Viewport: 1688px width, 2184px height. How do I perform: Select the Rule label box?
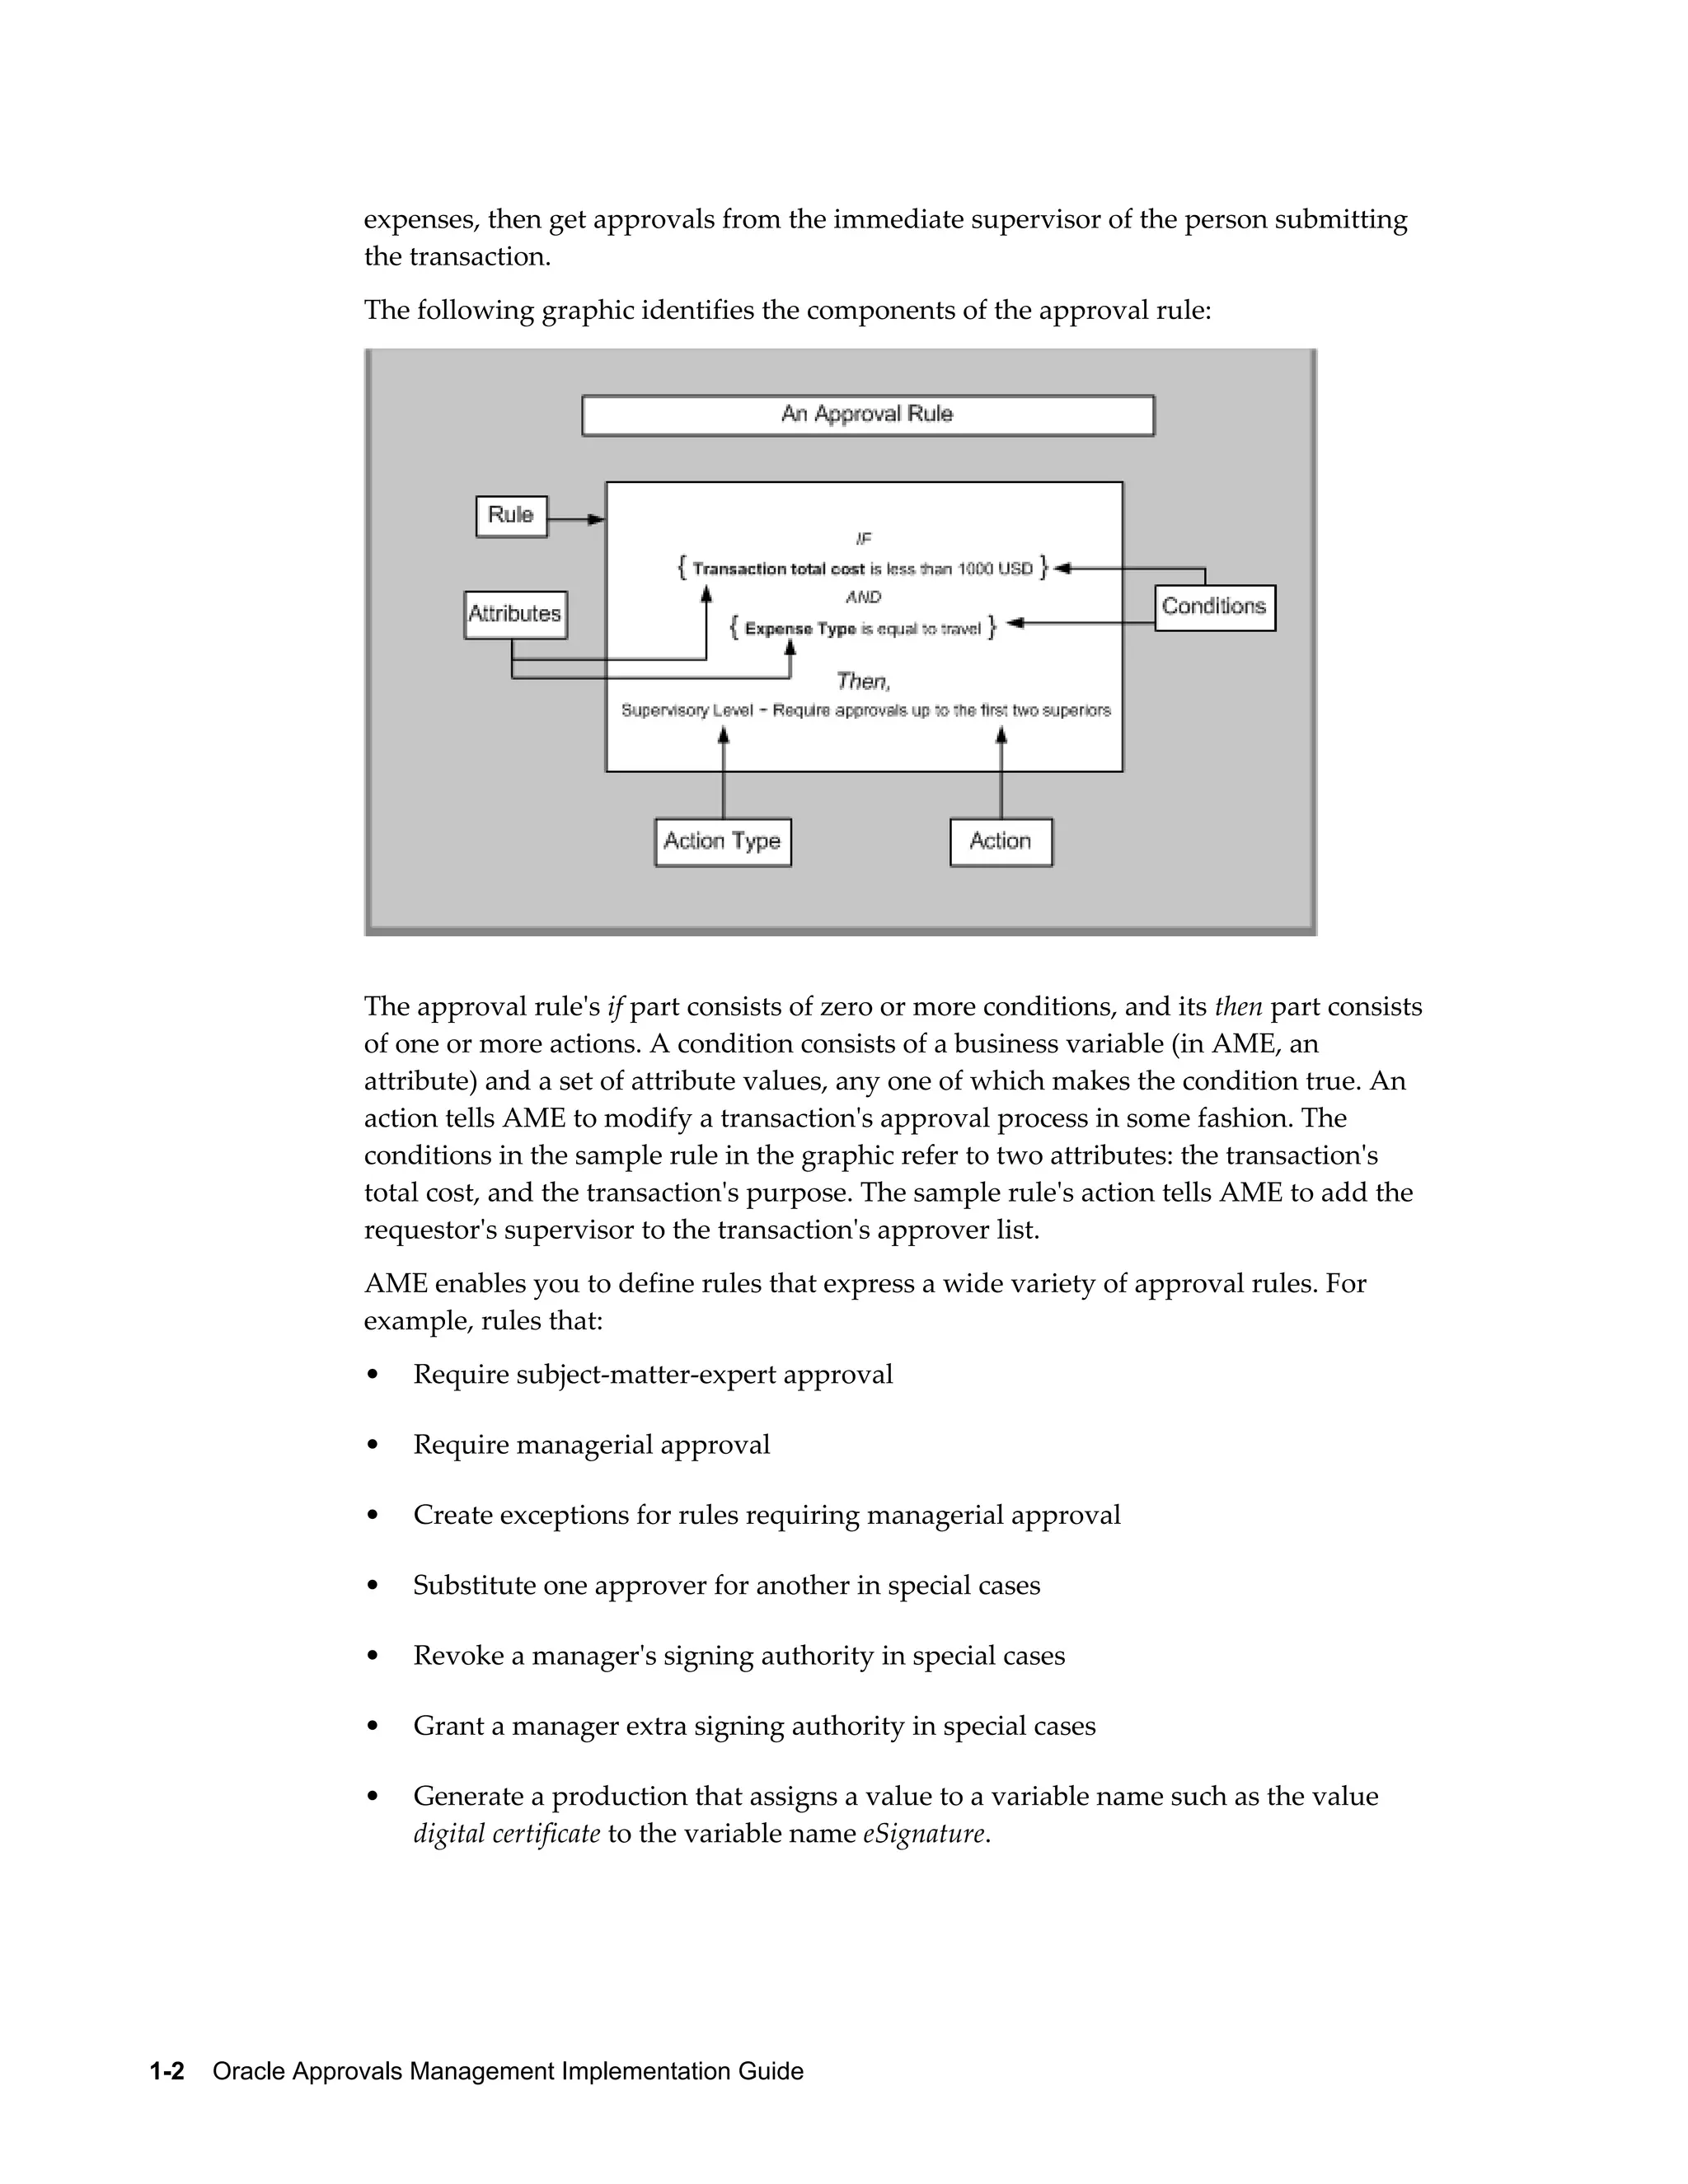(511, 516)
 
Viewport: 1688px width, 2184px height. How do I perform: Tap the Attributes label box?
(515, 614)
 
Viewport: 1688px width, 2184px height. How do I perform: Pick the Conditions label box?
(1214, 607)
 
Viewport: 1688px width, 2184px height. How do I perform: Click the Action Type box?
(722, 842)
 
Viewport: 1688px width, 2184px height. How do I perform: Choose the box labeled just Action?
(1000, 842)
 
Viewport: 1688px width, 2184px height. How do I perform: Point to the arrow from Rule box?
(578, 520)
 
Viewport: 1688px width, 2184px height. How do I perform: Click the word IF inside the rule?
(864, 539)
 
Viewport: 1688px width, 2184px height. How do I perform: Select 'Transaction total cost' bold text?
(778, 569)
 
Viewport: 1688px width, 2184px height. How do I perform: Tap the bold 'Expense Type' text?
(800, 629)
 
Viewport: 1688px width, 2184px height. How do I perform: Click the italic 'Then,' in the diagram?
(863, 682)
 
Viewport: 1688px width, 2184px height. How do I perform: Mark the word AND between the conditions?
(863, 597)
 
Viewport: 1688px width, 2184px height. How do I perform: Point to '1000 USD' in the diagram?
(995, 569)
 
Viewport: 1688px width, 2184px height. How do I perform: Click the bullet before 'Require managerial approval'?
(373, 1446)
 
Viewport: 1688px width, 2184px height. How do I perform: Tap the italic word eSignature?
(924, 1834)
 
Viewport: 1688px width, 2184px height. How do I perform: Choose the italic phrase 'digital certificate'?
(507, 1834)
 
